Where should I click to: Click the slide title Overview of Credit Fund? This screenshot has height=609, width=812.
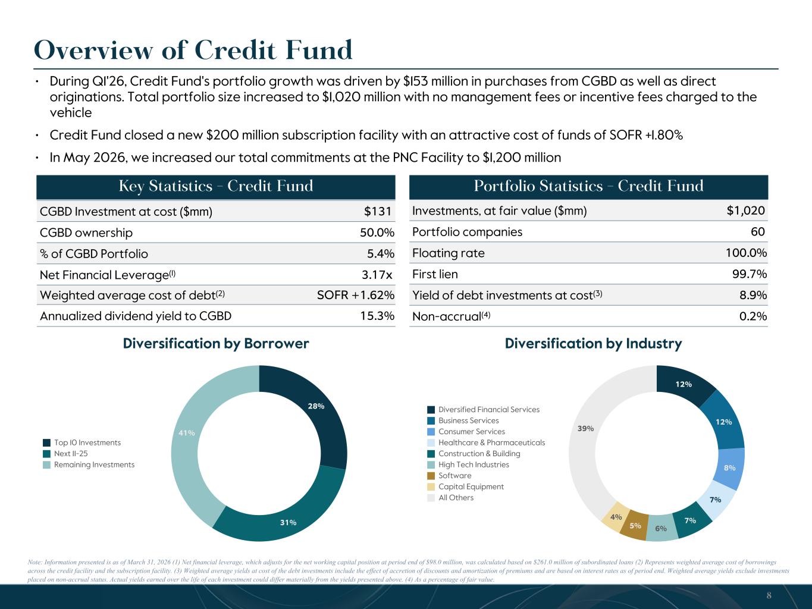pyautogui.click(x=193, y=50)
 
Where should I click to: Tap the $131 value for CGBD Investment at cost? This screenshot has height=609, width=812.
pyautogui.click(x=377, y=211)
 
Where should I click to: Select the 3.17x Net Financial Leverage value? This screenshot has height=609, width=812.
pyautogui.click(x=377, y=275)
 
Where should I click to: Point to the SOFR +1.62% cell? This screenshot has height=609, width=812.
pyautogui.click(x=356, y=295)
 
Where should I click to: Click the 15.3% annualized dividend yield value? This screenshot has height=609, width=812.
pyautogui.click(x=377, y=316)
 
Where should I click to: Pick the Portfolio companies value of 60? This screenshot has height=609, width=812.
pyautogui.click(x=758, y=231)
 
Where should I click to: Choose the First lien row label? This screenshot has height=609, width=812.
pyautogui.click(x=435, y=274)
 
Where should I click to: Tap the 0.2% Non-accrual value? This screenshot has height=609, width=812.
pyautogui.click(x=753, y=316)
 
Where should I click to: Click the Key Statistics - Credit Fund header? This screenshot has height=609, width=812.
pyautogui.click(x=216, y=186)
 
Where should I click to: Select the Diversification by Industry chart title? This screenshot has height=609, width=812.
pyautogui.click(x=593, y=344)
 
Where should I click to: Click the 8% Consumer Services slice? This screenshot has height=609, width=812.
pyautogui.click(x=729, y=467)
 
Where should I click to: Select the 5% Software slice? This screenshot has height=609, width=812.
pyautogui.click(x=635, y=525)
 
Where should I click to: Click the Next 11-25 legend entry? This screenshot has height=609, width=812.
pyautogui.click(x=65, y=454)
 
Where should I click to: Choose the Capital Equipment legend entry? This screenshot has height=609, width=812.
pyautogui.click(x=465, y=486)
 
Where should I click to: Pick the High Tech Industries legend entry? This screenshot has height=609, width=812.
pyautogui.click(x=468, y=465)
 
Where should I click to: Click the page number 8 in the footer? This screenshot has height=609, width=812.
pyautogui.click(x=769, y=595)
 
